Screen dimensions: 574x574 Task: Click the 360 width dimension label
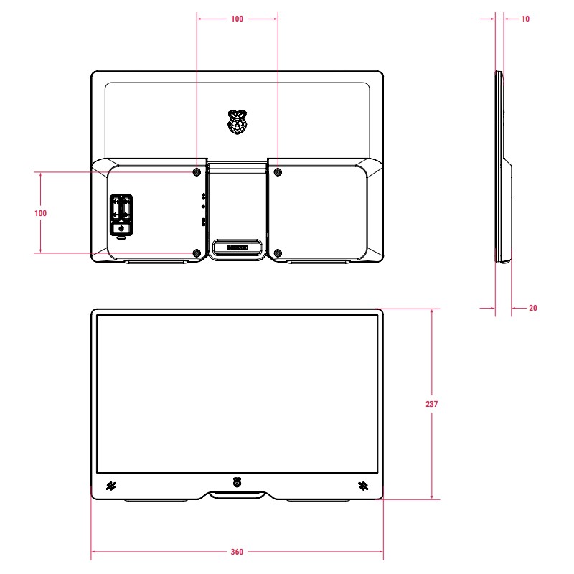[x=237, y=552]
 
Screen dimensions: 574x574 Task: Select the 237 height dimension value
[x=432, y=404]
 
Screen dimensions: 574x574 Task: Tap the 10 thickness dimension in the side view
[x=525, y=19]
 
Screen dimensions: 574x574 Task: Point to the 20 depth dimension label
[x=532, y=308]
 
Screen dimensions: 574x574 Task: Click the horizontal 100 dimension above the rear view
[x=237, y=19]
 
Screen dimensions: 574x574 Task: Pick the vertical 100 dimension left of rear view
[x=41, y=213]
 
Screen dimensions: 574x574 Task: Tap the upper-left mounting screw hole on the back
[x=197, y=172]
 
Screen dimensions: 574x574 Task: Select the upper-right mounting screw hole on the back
[x=278, y=172]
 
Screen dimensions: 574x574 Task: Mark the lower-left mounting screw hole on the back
[x=197, y=253]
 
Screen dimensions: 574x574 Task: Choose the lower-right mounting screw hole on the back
[x=278, y=253]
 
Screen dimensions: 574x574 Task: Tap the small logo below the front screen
[x=237, y=481]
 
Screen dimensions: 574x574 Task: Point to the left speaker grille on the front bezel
[x=111, y=486]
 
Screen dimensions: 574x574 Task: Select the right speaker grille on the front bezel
[x=364, y=486]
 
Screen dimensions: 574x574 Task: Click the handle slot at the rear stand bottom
[x=237, y=248]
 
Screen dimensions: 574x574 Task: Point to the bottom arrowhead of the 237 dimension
[x=432, y=497]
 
